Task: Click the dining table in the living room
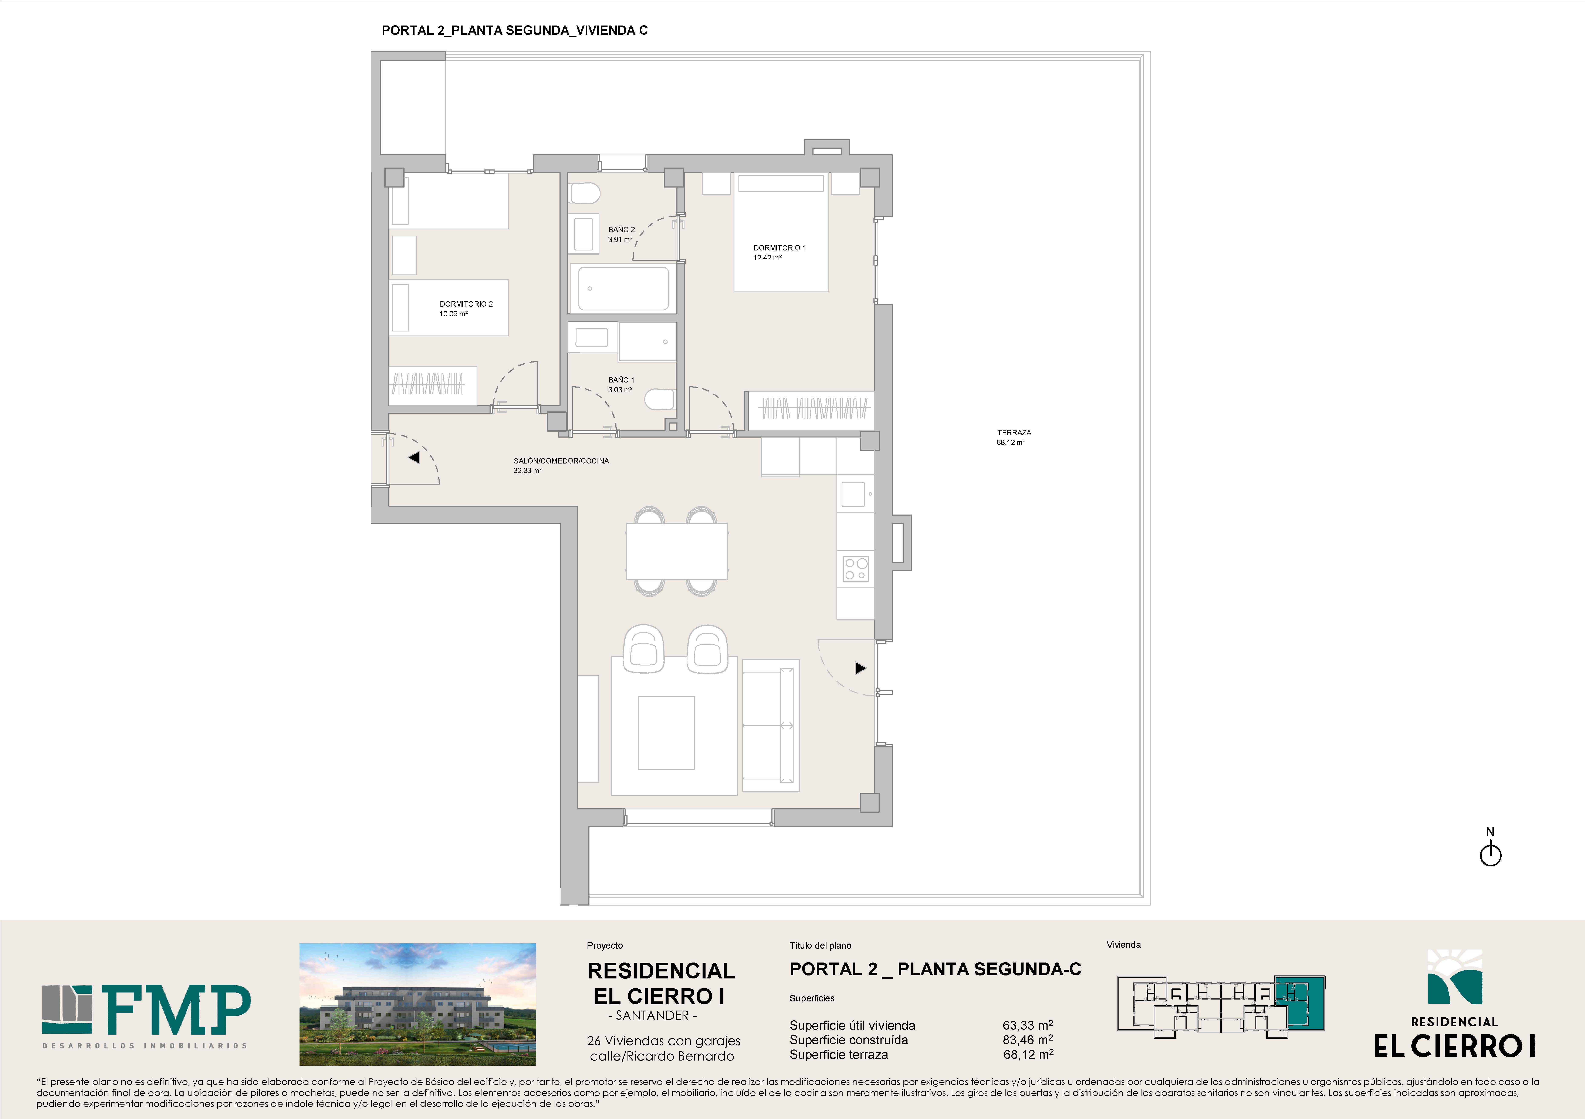[677, 551]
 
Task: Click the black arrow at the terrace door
[861, 668]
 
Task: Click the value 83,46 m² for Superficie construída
[1028, 1039]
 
